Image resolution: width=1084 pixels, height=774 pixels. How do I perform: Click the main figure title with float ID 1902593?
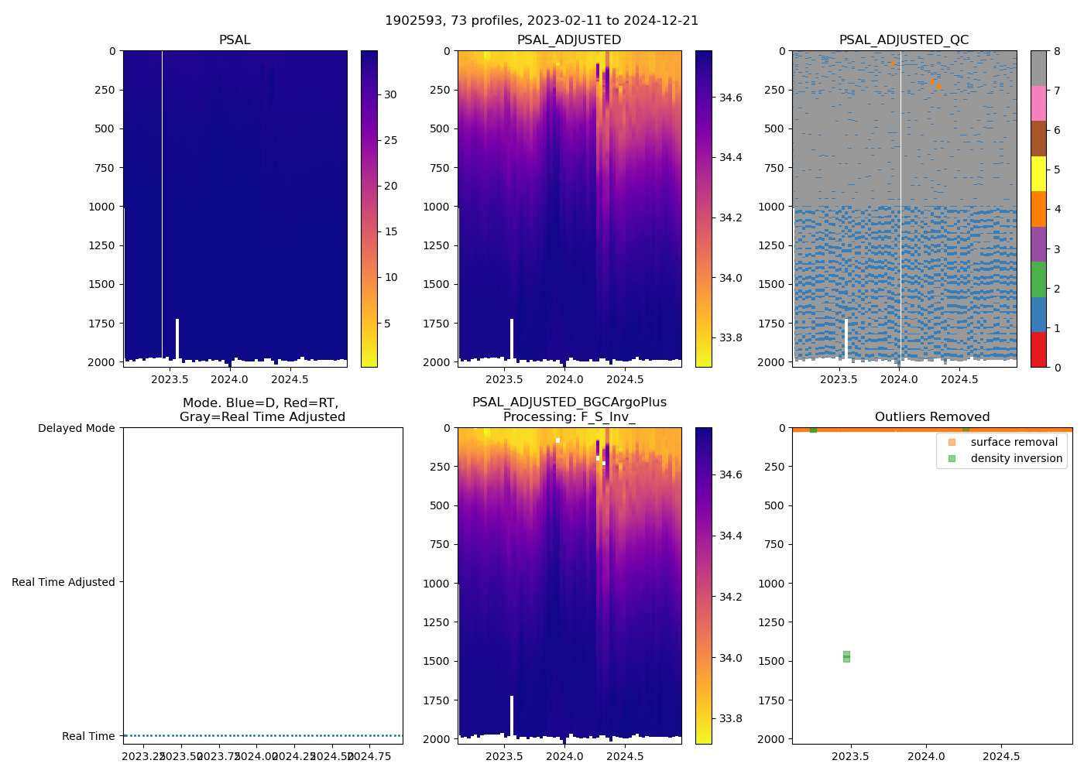(x=541, y=21)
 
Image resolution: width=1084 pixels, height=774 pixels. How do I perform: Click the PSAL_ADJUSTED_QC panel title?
(x=904, y=40)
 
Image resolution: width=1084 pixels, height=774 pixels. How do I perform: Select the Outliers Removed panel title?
(x=931, y=417)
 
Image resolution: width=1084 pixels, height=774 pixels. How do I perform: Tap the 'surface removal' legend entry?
(x=1014, y=442)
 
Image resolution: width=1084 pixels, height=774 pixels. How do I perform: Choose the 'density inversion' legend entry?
(x=1016, y=458)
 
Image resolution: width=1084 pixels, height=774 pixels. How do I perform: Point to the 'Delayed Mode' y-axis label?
(x=76, y=428)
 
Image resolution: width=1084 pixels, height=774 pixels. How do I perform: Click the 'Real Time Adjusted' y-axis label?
(x=63, y=582)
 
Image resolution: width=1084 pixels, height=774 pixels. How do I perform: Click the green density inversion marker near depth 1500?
(x=846, y=656)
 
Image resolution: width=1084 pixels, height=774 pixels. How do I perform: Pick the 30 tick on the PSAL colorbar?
(x=391, y=94)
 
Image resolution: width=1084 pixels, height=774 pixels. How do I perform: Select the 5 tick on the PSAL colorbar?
(x=388, y=323)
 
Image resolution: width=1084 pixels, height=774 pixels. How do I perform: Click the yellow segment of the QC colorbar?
(x=1038, y=174)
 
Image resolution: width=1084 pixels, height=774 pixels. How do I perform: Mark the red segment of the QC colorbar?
(x=1038, y=350)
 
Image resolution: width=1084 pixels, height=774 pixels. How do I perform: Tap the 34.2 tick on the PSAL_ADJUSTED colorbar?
(x=730, y=217)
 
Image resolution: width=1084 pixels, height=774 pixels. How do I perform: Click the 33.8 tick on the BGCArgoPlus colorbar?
(x=730, y=718)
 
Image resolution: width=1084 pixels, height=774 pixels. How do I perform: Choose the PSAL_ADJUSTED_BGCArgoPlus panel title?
(x=569, y=409)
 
